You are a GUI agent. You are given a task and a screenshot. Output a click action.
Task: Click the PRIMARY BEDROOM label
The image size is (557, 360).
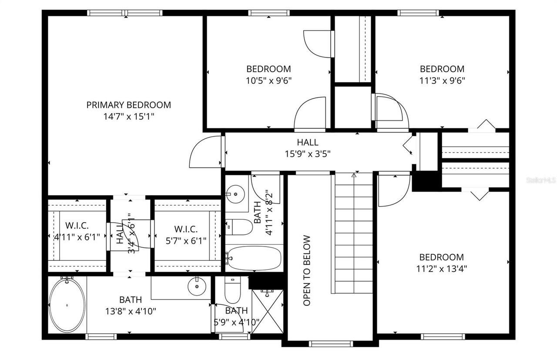[x=128, y=105]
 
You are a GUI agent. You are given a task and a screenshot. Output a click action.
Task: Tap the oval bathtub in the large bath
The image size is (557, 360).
[x=67, y=305]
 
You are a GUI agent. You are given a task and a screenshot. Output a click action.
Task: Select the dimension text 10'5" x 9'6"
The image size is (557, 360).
[x=268, y=80]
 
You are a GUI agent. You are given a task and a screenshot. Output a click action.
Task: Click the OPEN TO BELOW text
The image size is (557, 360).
[x=307, y=270]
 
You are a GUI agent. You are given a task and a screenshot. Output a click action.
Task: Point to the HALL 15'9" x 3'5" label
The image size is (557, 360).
[x=307, y=148]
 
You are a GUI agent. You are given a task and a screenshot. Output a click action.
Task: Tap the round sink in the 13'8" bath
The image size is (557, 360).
[x=197, y=286]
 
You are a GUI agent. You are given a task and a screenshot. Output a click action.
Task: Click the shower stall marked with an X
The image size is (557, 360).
[x=267, y=311]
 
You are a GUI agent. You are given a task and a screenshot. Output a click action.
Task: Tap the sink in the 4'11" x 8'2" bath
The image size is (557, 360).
[x=235, y=193]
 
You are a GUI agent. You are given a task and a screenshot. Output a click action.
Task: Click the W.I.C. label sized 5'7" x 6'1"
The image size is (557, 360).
[x=186, y=234]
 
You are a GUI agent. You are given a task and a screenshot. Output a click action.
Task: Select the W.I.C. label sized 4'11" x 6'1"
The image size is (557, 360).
[x=77, y=231]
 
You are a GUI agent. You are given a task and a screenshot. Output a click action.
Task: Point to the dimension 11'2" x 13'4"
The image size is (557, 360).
[x=441, y=268]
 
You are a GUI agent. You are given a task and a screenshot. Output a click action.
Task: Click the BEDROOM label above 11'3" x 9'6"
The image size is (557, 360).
[x=442, y=69]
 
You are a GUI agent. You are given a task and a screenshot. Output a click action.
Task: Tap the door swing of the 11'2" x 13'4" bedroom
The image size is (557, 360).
[x=393, y=190]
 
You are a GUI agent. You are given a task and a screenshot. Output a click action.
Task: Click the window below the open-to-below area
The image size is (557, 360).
[x=329, y=343]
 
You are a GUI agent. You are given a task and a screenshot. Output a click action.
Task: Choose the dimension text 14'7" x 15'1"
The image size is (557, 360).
[x=128, y=117]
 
